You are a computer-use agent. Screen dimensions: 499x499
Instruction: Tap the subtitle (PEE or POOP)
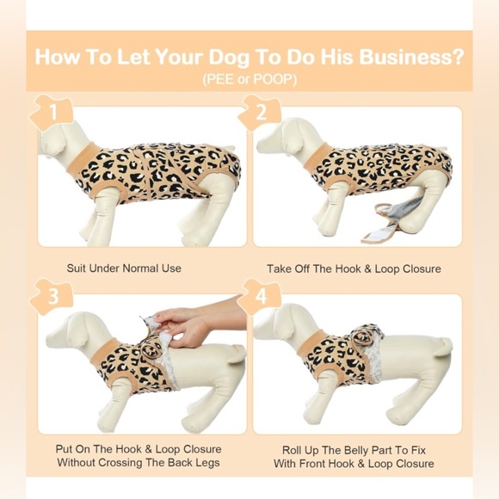click(249, 79)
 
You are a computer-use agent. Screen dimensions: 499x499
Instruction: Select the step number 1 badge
click(52, 112)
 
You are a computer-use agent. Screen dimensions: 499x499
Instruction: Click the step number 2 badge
click(260, 112)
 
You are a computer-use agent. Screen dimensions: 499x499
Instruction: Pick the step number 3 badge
click(52, 296)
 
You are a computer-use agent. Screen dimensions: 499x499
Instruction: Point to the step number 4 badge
click(260, 296)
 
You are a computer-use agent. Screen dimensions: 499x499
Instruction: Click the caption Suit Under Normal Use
click(124, 268)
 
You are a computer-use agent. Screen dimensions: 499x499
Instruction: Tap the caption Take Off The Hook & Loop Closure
click(354, 269)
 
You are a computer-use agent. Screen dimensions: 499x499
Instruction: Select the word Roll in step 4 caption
click(291, 450)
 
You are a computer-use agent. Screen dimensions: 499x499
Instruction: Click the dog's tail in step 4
click(441, 346)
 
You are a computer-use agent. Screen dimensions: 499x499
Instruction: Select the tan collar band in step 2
click(317, 157)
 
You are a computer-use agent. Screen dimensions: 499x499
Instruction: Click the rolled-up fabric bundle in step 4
click(366, 335)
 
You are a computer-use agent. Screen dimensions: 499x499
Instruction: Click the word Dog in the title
click(228, 58)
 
